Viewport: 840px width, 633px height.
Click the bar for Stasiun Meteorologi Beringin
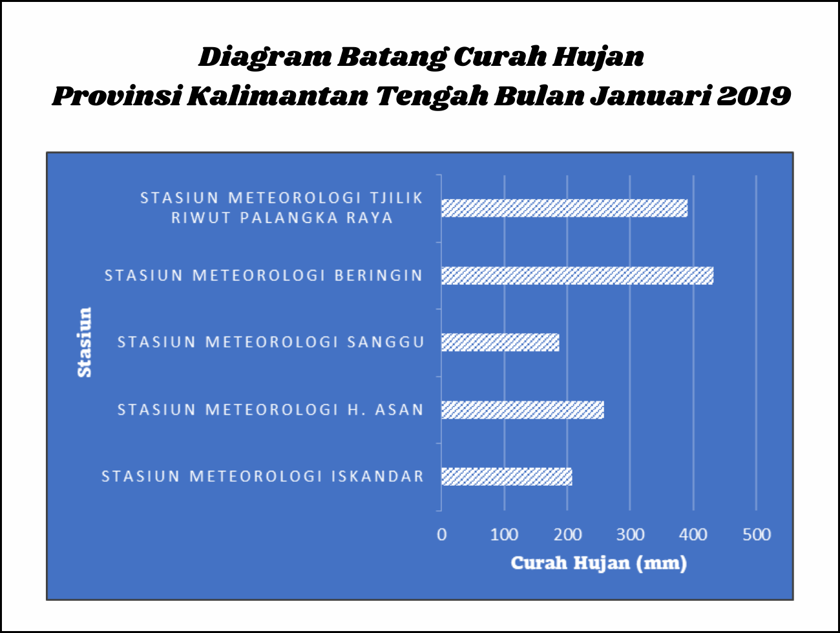click(x=577, y=275)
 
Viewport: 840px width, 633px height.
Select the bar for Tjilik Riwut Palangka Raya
click(x=564, y=208)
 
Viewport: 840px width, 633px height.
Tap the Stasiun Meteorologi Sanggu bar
click(x=500, y=342)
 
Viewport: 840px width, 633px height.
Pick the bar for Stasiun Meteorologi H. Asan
click(x=522, y=410)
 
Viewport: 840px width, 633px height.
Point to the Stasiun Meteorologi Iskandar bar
click(x=507, y=477)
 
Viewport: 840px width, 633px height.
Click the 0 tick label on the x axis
click(x=441, y=535)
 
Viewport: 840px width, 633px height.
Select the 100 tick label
click(x=505, y=535)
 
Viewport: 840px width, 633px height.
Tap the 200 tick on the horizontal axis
click(x=567, y=535)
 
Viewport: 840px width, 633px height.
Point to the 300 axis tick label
click(x=630, y=535)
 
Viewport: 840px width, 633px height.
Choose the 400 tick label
click(x=693, y=535)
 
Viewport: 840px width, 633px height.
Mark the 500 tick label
click(x=757, y=535)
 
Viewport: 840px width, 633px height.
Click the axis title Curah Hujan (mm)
click(x=599, y=563)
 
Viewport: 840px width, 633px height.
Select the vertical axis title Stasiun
click(x=85, y=342)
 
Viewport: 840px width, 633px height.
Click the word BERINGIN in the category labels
click(x=379, y=275)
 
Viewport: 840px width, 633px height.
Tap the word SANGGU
click(x=386, y=342)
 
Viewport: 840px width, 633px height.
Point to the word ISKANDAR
click(x=378, y=477)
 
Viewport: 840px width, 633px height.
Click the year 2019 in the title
click(x=754, y=96)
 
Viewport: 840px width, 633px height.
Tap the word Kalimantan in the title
click(x=278, y=96)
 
